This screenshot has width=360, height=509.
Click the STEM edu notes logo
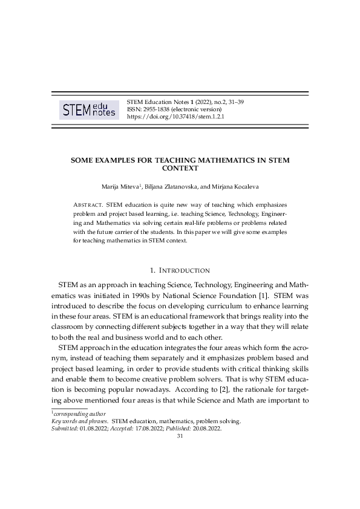click(x=88, y=109)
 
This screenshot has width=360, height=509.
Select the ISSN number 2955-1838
click(x=156, y=109)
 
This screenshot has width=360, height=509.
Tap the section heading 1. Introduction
click(x=180, y=270)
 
